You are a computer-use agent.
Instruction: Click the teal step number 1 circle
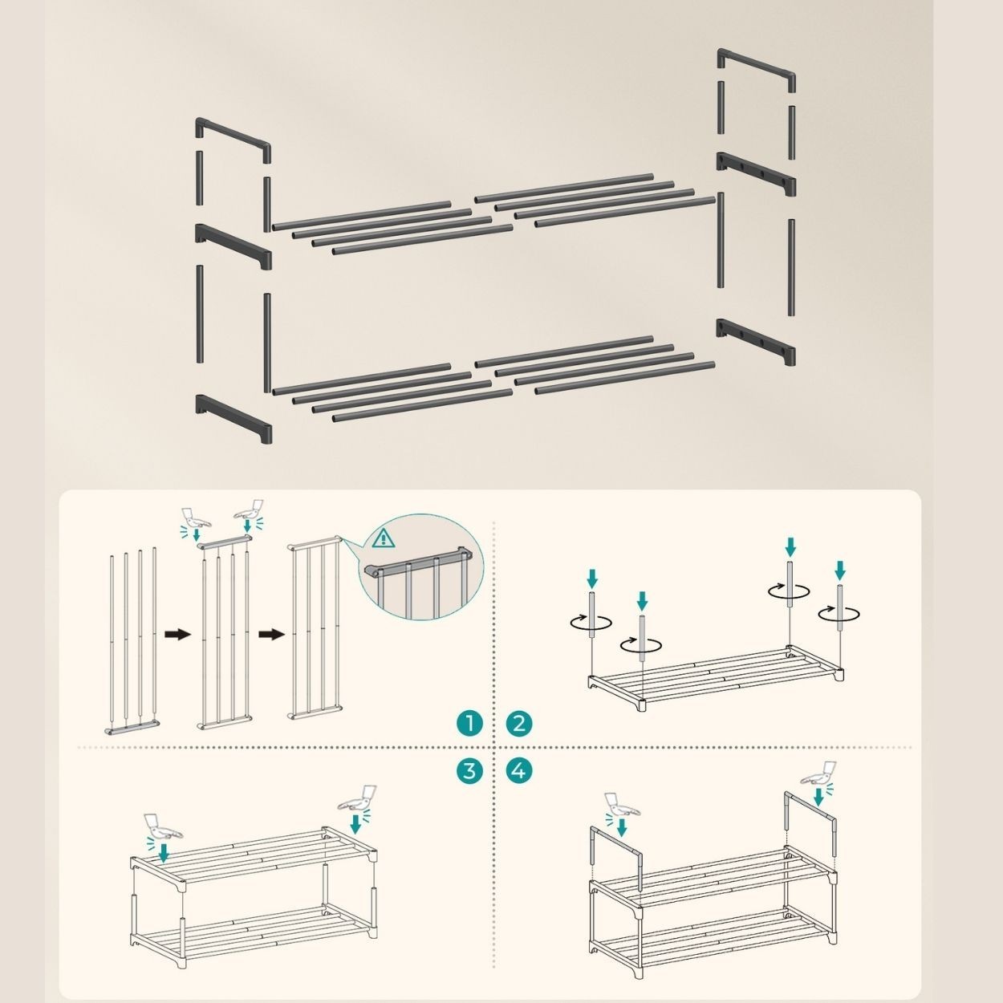pos(469,724)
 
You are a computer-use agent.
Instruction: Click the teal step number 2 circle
pos(519,724)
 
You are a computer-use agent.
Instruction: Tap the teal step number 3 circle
pos(469,770)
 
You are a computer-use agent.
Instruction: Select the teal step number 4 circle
pos(519,770)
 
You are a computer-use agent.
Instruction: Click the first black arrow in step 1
pos(178,635)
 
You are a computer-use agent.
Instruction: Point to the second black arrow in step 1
pos(272,635)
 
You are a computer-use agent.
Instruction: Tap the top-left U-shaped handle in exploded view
pos(233,140)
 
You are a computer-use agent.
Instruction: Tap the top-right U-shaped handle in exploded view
pos(757,71)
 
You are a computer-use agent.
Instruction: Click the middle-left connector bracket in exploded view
pos(233,247)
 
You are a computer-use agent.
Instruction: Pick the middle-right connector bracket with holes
pos(756,174)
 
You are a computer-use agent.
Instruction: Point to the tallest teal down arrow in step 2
pos(790,547)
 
